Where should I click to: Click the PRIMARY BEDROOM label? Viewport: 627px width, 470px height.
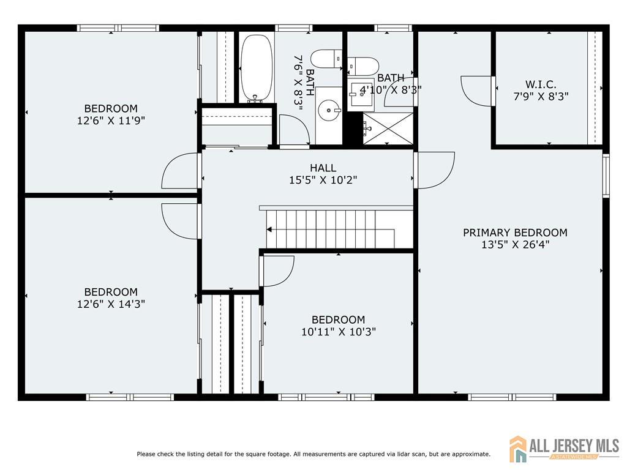[515, 233]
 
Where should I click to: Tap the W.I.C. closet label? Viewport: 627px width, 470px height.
[541, 84]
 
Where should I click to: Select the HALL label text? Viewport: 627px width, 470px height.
[323, 168]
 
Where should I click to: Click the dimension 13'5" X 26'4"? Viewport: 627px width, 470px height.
[515, 245]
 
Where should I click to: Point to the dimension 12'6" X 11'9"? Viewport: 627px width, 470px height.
[111, 121]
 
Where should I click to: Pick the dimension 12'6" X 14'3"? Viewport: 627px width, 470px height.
[111, 304]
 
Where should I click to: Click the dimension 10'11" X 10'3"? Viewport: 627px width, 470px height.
[339, 332]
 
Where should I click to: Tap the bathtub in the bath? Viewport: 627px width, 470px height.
[257, 68]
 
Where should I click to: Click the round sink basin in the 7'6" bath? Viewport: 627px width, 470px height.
[329, 109]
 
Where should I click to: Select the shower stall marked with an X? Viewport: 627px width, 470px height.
[388, 129]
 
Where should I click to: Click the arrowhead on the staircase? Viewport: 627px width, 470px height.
[269, 229]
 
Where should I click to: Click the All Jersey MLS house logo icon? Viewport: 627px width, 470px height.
[518, 449]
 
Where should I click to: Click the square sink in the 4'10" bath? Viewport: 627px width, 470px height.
[360, 95]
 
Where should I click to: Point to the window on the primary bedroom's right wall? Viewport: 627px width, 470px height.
[606, 176]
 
